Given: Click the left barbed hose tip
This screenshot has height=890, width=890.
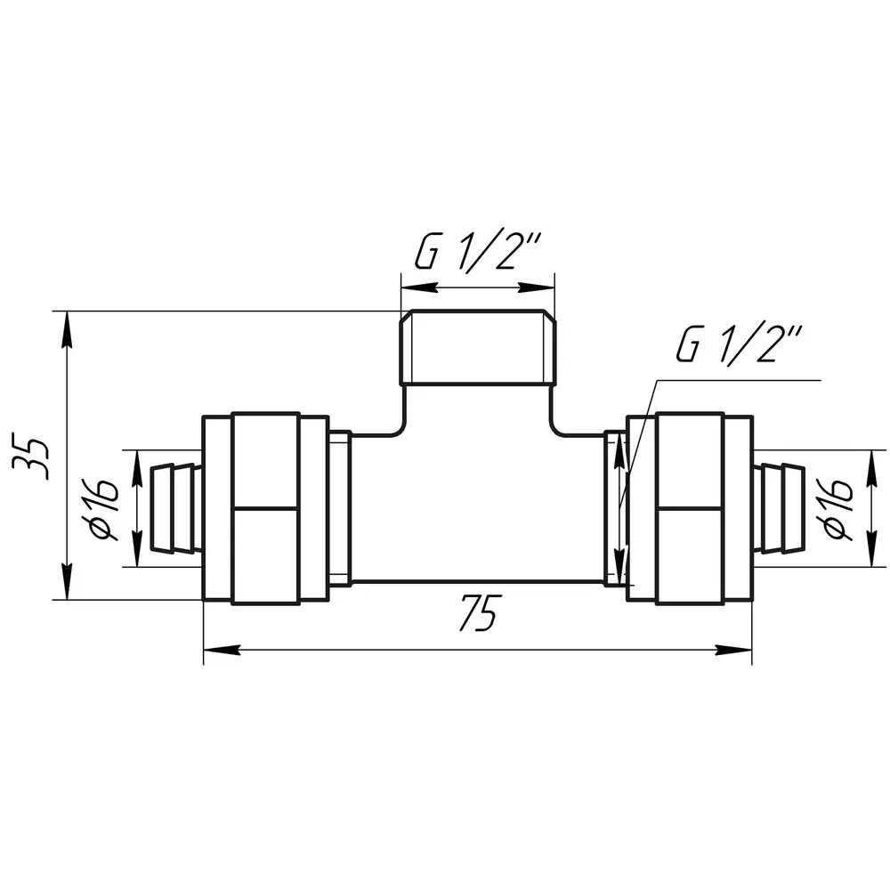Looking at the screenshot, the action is click(174, 508).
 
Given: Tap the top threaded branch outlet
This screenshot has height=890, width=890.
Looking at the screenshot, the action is click(478, 347).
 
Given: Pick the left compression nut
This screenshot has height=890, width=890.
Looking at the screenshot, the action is click(265, 508).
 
